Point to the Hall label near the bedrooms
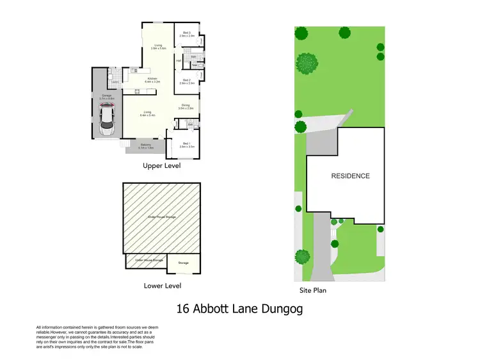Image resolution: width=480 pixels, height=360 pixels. pos(178,61)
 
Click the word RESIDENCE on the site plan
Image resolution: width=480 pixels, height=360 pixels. pos(350,176)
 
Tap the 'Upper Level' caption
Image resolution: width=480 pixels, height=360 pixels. pos(161,166)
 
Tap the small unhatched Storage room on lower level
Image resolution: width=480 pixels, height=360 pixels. pos(184,263)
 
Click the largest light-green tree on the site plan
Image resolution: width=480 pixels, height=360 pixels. pos(307,63)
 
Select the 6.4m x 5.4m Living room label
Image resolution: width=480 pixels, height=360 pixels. pos(148,113)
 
